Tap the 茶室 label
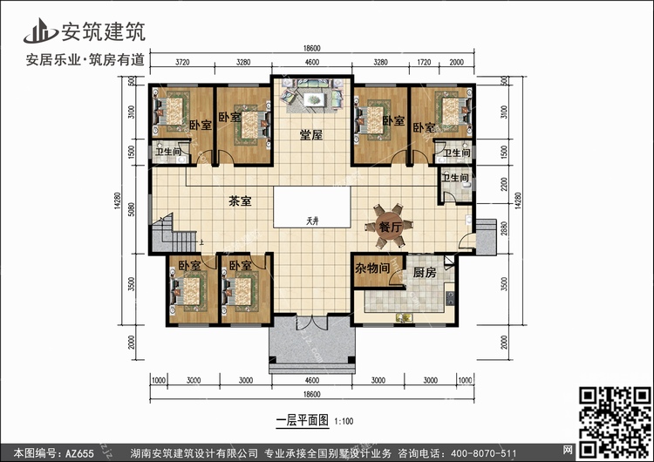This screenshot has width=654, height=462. click(240, 200)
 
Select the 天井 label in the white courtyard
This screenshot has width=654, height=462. click(313, 219)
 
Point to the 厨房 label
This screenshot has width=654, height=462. click(425, 272)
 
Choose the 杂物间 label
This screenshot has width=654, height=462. click(373, 269)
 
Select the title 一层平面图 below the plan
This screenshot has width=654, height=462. click(300, 419)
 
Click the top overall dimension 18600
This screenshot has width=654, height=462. click(313, 49)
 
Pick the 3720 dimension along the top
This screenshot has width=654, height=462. click(182, 63)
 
